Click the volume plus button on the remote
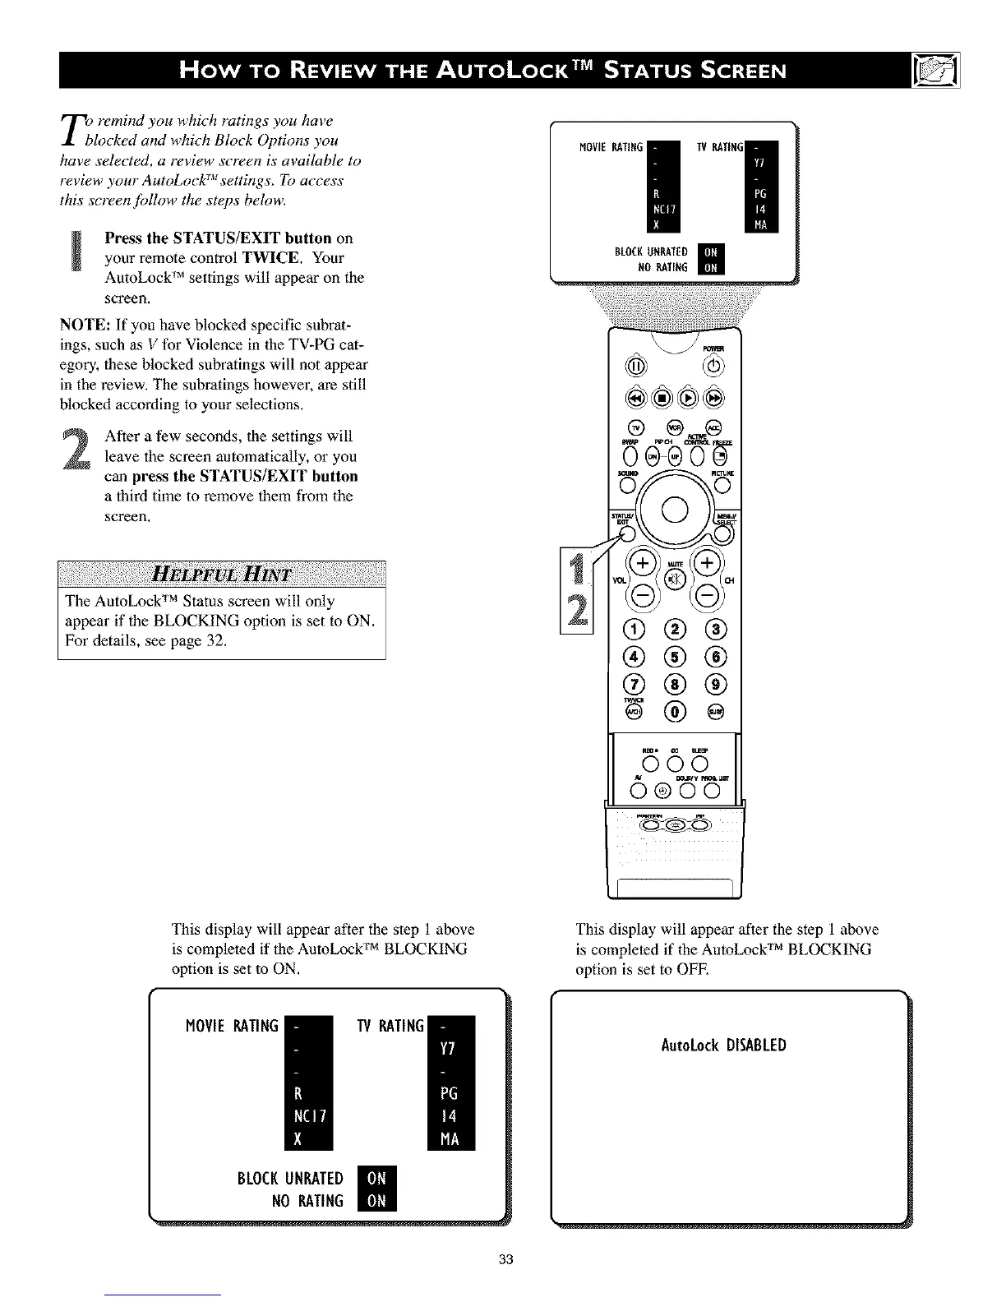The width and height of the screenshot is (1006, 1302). coord(642,564)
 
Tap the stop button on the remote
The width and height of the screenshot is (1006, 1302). coord(660,399)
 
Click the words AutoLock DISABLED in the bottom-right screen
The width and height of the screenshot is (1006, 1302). coord(723,1046)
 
